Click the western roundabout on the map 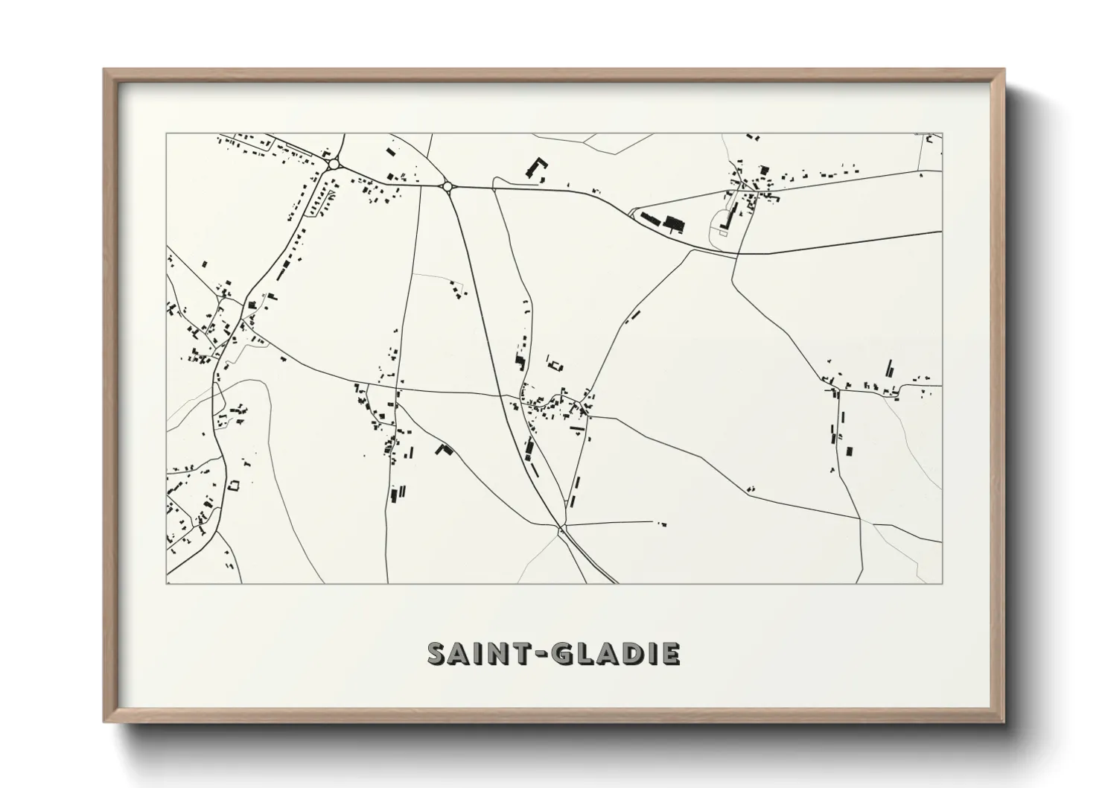tap(334, 164)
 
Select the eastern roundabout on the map tap(448, 187)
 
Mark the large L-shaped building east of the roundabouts tap(535, 167)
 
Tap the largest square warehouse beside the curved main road tap(674, 223)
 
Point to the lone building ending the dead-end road tap(660, 524)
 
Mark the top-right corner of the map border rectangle tap(942, 134)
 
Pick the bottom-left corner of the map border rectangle tap(167, 583)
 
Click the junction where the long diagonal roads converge tap(560, 528)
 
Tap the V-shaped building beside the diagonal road tap(445, 449)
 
